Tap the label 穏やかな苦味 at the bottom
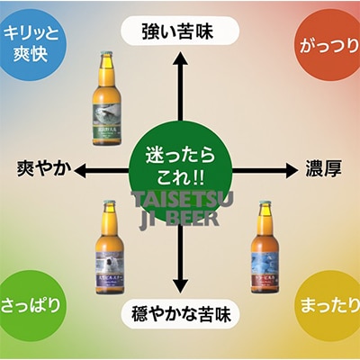[179, 315]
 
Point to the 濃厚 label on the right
[322, 170]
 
